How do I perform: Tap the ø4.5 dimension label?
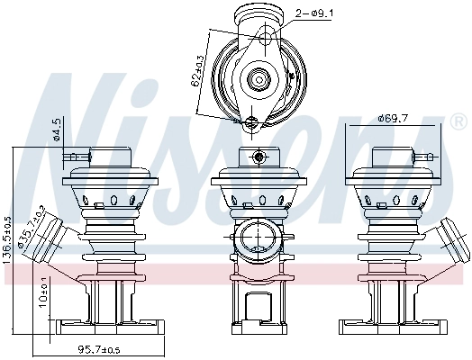[56, 130]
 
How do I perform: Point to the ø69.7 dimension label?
[395, 118]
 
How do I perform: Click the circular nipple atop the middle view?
[259, 157]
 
